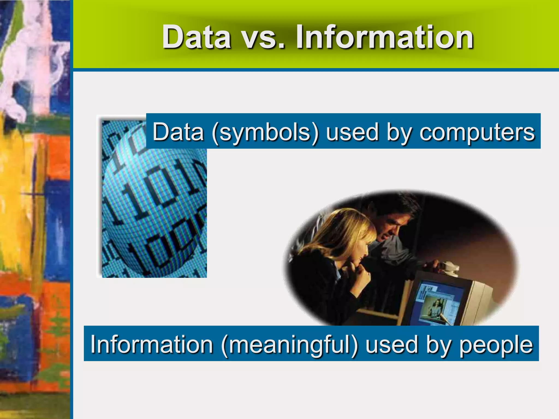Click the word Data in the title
(x=197, y=37)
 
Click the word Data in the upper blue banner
(x=178, y=132)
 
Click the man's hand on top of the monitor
(x=434, y=265)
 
